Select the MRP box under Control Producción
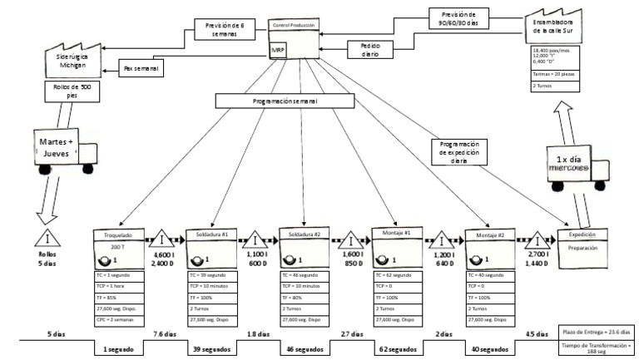(x=278, y=51)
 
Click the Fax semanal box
(x=142, y=67)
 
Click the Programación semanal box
(x=278, y=100)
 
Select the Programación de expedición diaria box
(x=460, y=151)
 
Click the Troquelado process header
(x=119, y=235)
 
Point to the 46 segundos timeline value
(x=300, y=350)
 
